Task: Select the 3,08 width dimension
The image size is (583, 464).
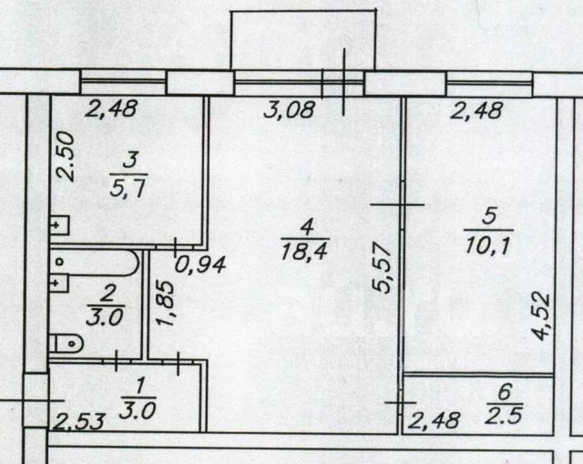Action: (288, 112)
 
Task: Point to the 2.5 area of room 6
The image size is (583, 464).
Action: (522, 414)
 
